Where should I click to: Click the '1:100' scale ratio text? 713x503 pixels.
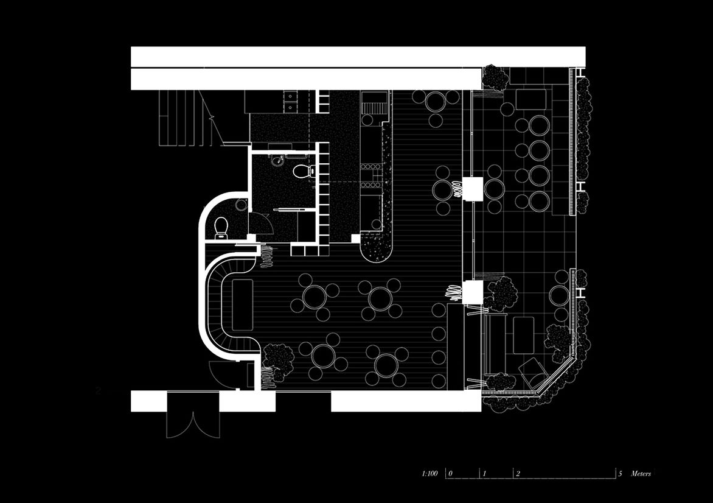[430, 473]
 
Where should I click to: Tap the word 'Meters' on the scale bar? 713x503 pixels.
[640, 473]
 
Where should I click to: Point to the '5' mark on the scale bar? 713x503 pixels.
[620, 474]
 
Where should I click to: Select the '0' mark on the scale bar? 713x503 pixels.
[451, 474]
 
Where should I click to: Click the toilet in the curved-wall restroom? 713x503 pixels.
[221, 228]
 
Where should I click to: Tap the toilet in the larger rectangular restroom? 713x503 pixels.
[302, 171]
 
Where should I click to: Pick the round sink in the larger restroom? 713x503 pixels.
[277, 160]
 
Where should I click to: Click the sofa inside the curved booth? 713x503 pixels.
[242, 306]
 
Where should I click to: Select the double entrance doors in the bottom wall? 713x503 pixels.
[193, 414]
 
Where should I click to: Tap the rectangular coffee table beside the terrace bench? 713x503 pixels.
[523, 335]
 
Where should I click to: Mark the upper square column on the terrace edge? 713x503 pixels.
[473, 188]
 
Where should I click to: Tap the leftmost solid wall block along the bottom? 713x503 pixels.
[150, 401]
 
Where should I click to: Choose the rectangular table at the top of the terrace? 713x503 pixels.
[531, 99]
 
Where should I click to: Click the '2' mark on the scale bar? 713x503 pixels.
[518, 474]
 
